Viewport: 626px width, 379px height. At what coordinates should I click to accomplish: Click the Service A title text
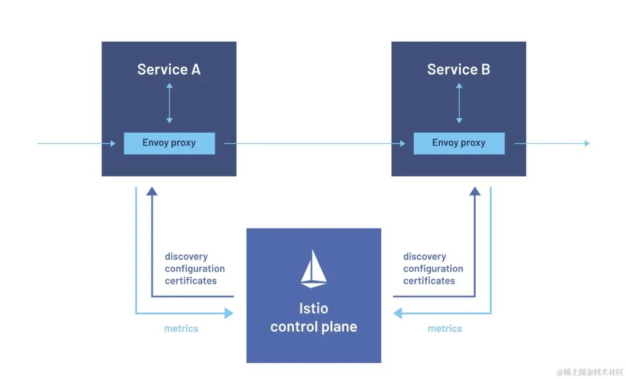169,70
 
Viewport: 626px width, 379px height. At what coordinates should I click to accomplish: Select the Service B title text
458,70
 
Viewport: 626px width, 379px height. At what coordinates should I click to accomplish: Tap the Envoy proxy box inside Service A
169,143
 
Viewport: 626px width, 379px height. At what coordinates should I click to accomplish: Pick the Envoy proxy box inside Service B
458,143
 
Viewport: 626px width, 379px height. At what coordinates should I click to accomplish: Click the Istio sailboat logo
314,269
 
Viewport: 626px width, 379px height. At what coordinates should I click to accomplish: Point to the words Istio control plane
314,318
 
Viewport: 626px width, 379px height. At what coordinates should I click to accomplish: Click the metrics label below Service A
181,329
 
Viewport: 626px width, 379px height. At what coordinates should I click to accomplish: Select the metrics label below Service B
445,329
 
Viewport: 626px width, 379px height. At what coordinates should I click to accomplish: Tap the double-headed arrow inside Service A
169,103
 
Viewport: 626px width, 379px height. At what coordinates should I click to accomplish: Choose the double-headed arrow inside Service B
459,103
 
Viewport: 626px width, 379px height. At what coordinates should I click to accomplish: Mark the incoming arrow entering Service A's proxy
75,143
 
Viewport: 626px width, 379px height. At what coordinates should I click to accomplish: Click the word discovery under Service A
186,257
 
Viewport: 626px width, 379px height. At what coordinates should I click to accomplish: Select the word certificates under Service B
429,281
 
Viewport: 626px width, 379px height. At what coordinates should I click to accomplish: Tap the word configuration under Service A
195,269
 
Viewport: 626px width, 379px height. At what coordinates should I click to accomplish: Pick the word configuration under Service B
433,269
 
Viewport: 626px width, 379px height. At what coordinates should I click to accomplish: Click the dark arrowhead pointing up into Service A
152,191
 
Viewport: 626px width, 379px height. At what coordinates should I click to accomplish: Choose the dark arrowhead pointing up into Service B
475,191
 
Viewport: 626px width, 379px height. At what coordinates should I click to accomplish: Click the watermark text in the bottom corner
589,371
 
